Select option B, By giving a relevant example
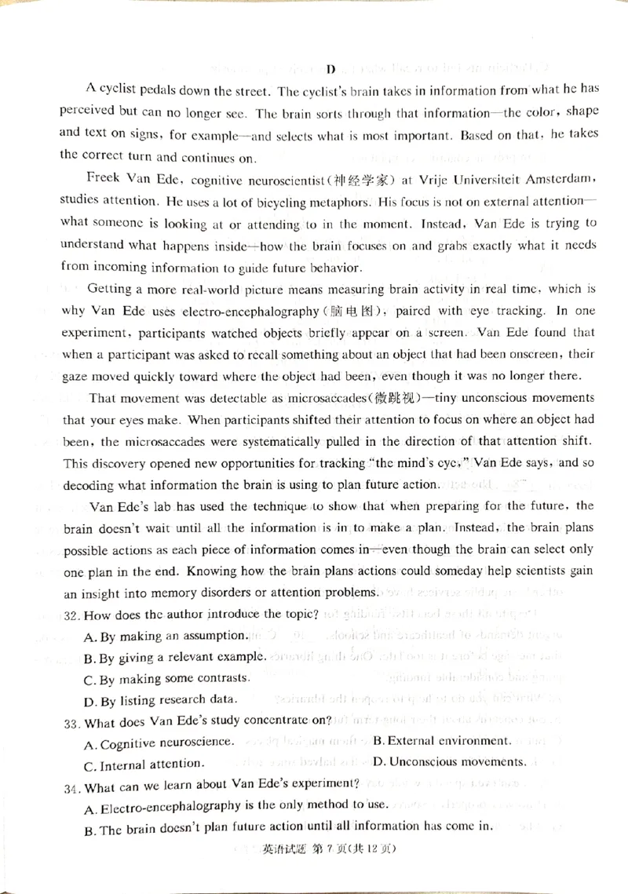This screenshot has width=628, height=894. pyautogui.click(x=176, y=656)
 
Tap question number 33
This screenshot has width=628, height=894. pyautogui.click(x=72, y=721)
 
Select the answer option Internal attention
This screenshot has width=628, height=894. pyautogui.click(x=145, y=763)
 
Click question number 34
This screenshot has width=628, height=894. pyautogui.click(x=72, y=784)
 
